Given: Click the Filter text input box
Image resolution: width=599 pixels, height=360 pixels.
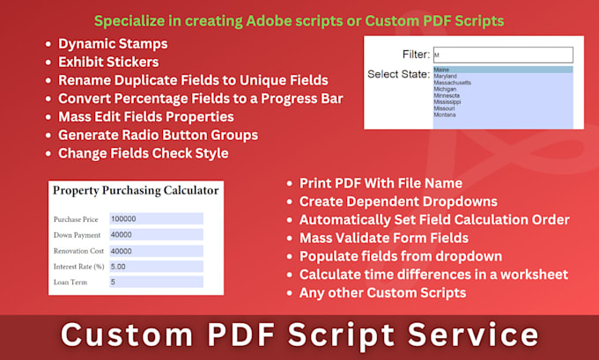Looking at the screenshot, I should point(502,55).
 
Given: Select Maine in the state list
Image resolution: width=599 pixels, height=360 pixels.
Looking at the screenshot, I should point(440,70).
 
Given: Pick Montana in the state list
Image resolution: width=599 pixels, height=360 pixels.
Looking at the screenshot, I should point(444,114).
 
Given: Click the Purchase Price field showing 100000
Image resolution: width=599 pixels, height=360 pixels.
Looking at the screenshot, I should point(156,218).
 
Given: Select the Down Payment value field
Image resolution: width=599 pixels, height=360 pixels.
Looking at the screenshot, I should point(156,234).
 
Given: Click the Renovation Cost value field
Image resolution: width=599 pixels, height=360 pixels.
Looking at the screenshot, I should point(156,250).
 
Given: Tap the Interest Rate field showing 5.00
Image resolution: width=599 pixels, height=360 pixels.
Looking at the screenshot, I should point(156,266).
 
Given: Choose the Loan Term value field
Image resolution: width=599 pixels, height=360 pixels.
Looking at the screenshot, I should point(156,282).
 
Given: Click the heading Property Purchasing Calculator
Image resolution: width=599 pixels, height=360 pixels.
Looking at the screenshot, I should point(136,190).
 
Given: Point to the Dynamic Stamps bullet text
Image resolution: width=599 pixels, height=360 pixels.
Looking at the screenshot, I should point(112,43).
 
